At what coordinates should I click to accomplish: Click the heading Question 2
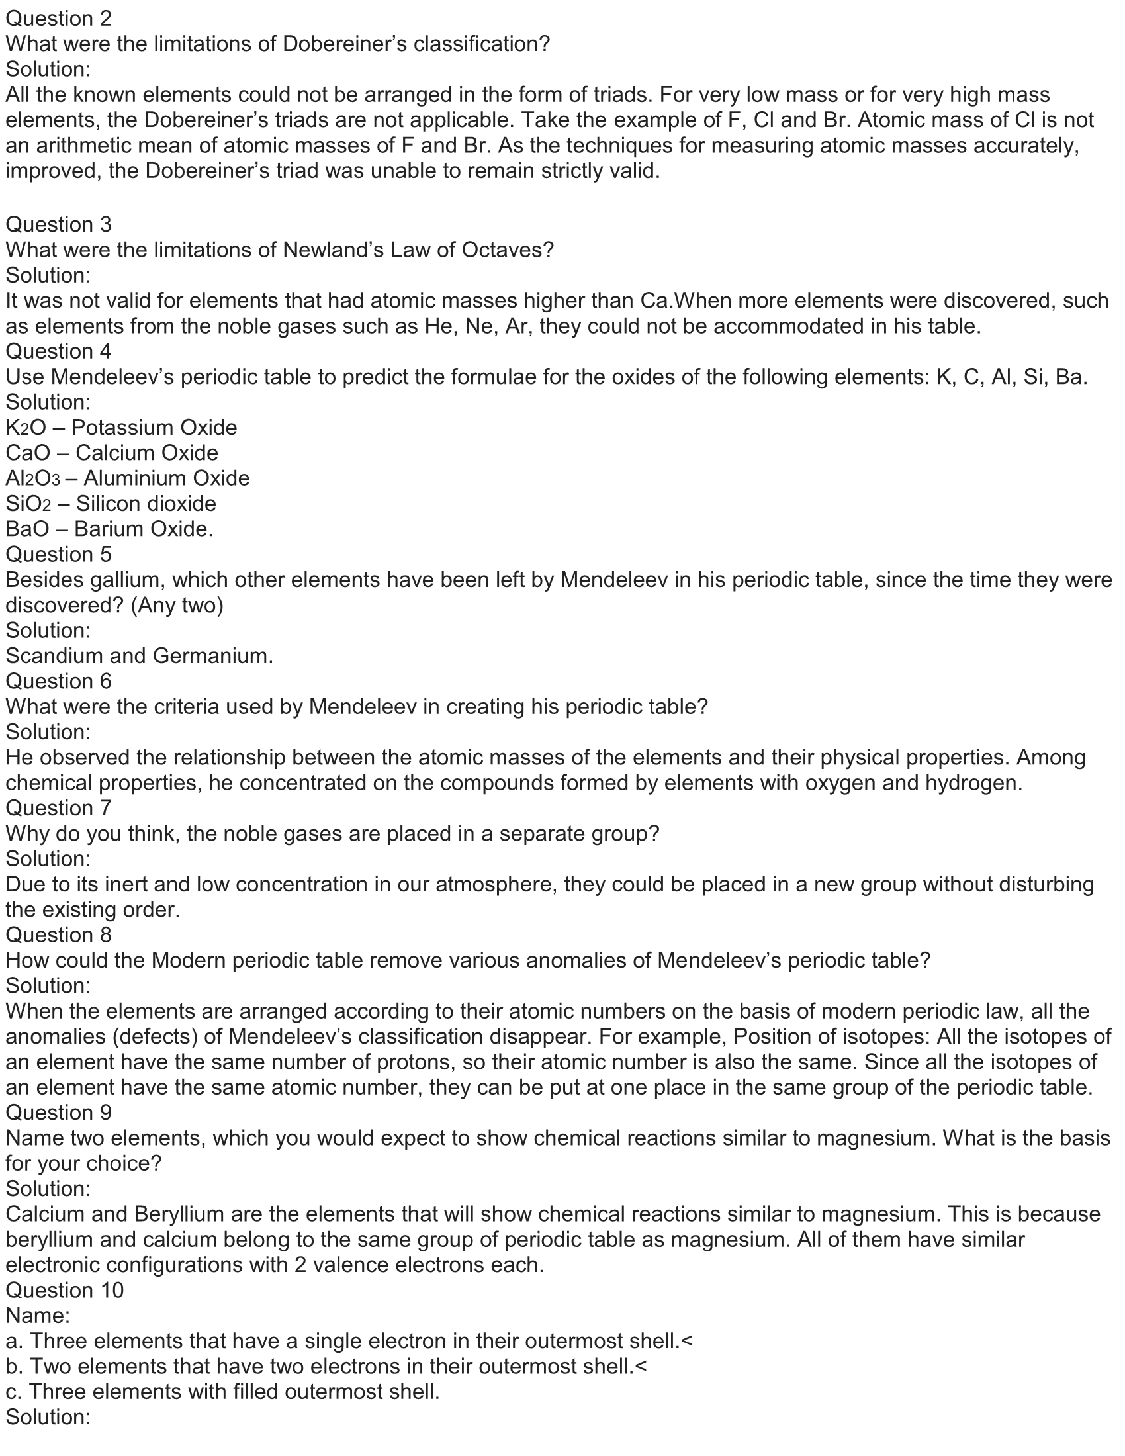point(59,19)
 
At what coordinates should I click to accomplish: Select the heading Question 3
point(59,224)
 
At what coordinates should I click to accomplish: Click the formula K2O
point(25,428)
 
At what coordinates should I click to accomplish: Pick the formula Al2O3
point(32,478)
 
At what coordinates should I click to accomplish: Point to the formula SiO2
point(28,504)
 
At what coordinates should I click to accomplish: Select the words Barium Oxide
point(144,529)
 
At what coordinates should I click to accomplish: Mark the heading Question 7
point(59,808)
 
